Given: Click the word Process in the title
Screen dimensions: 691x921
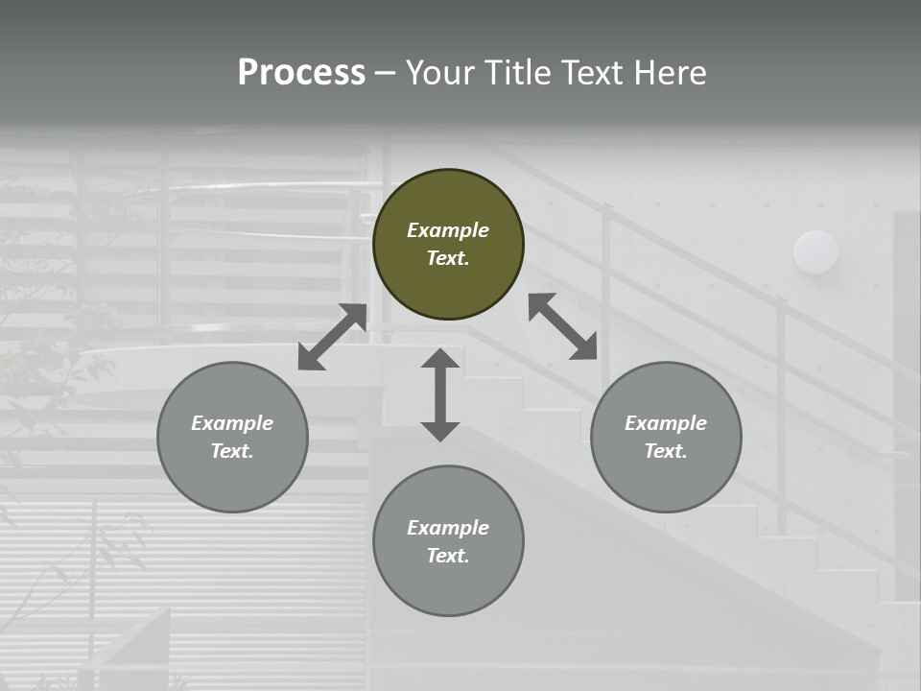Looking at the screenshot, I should (301, 73).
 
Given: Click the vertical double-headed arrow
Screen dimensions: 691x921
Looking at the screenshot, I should (440, 394).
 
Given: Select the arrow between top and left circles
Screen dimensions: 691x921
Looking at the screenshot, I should (332, 337).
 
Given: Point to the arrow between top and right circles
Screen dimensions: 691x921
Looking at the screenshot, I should (563, 326).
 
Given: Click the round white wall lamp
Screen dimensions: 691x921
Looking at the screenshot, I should (815, 252).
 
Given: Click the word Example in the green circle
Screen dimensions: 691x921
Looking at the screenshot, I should (448, 230).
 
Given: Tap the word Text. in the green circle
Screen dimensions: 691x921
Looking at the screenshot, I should (448, 258).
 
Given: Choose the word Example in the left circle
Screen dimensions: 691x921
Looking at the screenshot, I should (232, 423).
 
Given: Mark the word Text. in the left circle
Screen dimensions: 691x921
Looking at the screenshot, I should (232, 451).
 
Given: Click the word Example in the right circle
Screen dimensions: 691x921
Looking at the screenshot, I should (666, 423).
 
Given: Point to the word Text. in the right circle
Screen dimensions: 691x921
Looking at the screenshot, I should (666, 451).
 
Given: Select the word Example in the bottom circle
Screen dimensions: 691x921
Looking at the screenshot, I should (448, 528).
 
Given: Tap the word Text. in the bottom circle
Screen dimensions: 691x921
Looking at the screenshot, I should (448, 556).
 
